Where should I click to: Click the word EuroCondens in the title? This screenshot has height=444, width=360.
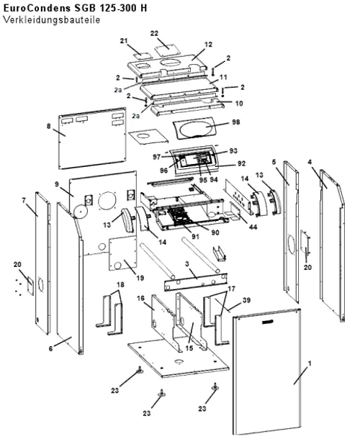(37, 8)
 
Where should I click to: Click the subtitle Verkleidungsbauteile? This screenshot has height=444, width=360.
(51, 20)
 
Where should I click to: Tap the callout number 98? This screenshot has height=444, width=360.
(235, 122)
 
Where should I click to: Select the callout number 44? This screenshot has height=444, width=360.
(253, 227)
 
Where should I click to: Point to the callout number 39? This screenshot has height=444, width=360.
(246, 300)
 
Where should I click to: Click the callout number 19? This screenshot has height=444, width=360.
(140, 278)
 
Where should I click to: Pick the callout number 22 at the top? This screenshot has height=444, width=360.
(154, 33)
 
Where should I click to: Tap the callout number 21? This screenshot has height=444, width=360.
(124, 41)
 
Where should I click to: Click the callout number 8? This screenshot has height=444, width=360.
(49, 126)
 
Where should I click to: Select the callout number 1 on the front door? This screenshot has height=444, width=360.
(310, 363)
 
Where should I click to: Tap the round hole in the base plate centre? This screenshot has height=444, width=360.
(179, 361)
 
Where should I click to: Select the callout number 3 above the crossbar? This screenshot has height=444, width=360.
(186, 264)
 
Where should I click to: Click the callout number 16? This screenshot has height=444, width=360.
(140, 298)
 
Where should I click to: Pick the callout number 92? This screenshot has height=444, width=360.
(241, 163)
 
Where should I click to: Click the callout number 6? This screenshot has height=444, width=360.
(50, 348)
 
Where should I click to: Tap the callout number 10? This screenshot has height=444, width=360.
(239, 103)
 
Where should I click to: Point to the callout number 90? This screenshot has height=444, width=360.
(215, 232)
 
